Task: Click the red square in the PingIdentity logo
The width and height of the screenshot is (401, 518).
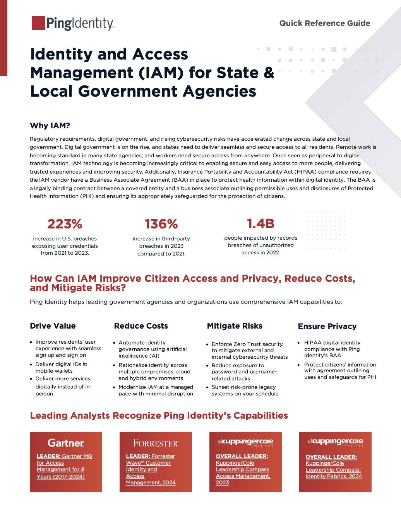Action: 38,23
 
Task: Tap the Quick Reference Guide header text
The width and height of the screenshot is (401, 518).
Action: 324,23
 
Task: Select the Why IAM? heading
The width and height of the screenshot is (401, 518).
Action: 50,126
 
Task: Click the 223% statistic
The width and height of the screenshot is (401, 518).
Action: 65,224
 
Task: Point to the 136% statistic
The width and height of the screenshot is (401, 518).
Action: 161,224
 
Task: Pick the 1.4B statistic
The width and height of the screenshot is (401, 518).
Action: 260,223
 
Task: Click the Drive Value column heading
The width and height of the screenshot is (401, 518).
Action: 53,326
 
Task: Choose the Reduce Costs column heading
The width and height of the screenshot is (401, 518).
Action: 141,326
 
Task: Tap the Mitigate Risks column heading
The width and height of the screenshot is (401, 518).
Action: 235,326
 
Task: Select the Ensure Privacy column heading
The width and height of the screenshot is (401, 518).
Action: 327,326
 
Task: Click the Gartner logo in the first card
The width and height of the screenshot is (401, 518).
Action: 66,443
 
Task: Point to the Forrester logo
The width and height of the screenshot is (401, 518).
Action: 156,443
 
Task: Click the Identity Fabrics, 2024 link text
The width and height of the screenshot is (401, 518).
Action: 334,476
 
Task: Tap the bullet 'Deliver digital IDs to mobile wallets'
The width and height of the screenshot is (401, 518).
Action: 61,368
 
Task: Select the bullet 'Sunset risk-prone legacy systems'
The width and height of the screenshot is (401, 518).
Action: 245,390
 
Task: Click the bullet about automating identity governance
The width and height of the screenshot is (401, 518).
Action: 153,349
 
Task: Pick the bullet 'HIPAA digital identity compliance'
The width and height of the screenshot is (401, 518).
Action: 332,349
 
